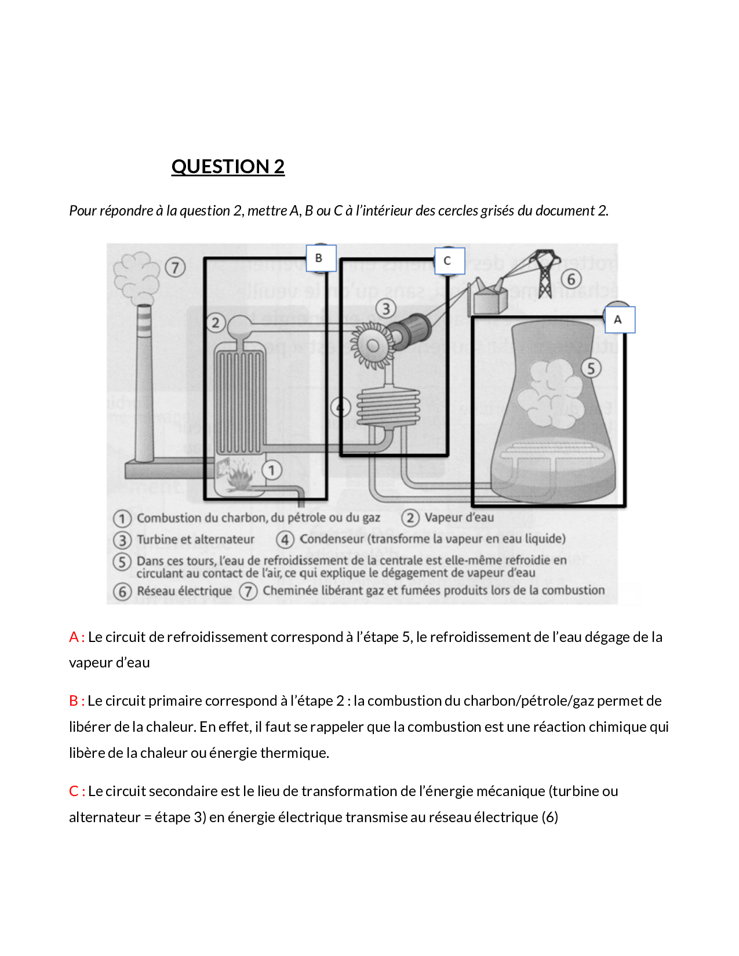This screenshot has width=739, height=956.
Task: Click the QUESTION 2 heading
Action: (x=228, y=167)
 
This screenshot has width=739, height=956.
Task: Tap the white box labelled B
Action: (x=321, y=258)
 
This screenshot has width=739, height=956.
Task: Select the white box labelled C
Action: (x=449, y=261)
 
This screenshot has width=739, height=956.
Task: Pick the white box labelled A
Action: (x=620, y=320)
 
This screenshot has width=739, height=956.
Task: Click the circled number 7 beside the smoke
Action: (x=175, y=267)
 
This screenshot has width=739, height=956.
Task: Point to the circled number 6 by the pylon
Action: (x=571, y=279)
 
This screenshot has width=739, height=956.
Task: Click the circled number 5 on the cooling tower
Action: (x=591, y=368)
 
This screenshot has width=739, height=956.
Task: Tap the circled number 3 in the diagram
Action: (x=386, y=308)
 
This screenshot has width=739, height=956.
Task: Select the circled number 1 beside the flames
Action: (x=272, y=470)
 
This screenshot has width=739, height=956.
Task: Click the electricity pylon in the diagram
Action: (x=545, y=272)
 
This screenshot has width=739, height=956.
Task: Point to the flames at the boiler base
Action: (x=239, y=475)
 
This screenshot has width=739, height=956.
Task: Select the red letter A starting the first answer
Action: (x=74, y=637)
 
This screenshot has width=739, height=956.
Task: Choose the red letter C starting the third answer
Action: (x=74, y=791)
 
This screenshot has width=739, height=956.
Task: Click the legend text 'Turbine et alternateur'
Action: (x=195, y=539)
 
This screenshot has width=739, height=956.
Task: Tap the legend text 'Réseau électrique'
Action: (x=184, y=591)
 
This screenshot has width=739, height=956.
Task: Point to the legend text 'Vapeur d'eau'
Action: (x=459, y=517)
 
